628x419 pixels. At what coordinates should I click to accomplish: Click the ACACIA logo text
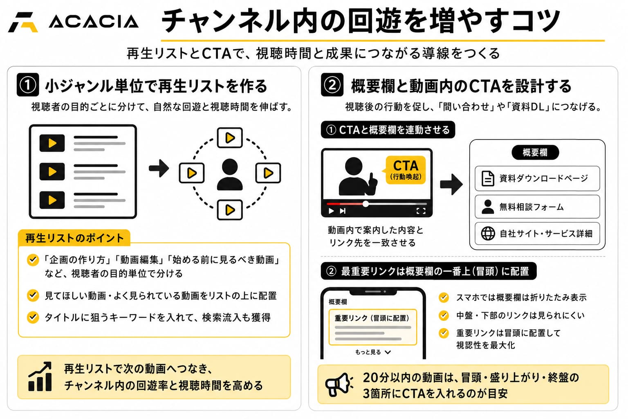click(x=94, y=22)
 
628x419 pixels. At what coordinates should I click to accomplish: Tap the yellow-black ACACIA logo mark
click(x=23, y=22)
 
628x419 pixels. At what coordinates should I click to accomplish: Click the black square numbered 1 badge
click(x=28, y=85)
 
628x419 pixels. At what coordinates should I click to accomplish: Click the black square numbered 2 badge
click(x=332, y=85)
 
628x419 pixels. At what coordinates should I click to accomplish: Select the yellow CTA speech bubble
click(x=405, y=170)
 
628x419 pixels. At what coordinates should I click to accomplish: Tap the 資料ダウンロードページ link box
click(x=537, y=178)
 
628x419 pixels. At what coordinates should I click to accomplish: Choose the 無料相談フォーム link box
click(x=537, y=207)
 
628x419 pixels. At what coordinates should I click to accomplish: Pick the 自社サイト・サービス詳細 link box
click(x=537, y=234)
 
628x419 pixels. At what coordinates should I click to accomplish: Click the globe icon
click(x=488, y=234)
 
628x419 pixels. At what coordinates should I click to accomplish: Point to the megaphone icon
click(x=339, y=385)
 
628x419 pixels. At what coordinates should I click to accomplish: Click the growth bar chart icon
click(x=40, y=376)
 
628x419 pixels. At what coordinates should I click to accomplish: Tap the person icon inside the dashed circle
click(x=230, y=174)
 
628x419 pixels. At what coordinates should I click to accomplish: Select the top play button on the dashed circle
click(x=230, y=137)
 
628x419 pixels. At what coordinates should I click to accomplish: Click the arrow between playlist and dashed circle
click(x=159, y=169)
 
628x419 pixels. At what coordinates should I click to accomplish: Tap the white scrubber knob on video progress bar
click(x=366, y=204)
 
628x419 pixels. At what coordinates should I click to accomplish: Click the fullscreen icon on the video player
click(x=421, y=211)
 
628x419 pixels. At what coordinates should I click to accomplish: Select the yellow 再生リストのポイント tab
click(x=74, y=238)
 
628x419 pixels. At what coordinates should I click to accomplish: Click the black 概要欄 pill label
click(x=535, y=153)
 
